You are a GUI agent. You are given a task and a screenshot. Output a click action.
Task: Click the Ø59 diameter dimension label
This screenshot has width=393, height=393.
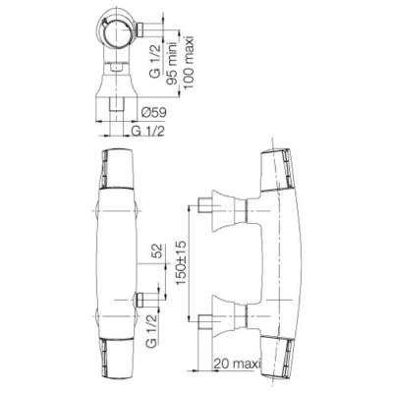click(x=154, y=112)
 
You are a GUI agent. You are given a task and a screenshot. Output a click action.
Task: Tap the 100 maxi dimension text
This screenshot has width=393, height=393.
click(x=189, y=62)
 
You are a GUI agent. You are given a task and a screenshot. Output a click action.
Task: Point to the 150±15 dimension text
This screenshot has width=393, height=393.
click(x=181, y=262)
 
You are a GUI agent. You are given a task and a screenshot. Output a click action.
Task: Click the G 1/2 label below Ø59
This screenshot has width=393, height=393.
click(x=147, y=131)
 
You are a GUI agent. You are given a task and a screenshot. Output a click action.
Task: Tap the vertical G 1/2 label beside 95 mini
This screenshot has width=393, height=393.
click(x=155, y=62)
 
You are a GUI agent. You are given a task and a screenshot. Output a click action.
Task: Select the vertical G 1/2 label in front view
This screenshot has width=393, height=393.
click(x=151, y=328)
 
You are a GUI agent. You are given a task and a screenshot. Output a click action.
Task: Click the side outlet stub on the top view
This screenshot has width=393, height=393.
click(x=140, y=29)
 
